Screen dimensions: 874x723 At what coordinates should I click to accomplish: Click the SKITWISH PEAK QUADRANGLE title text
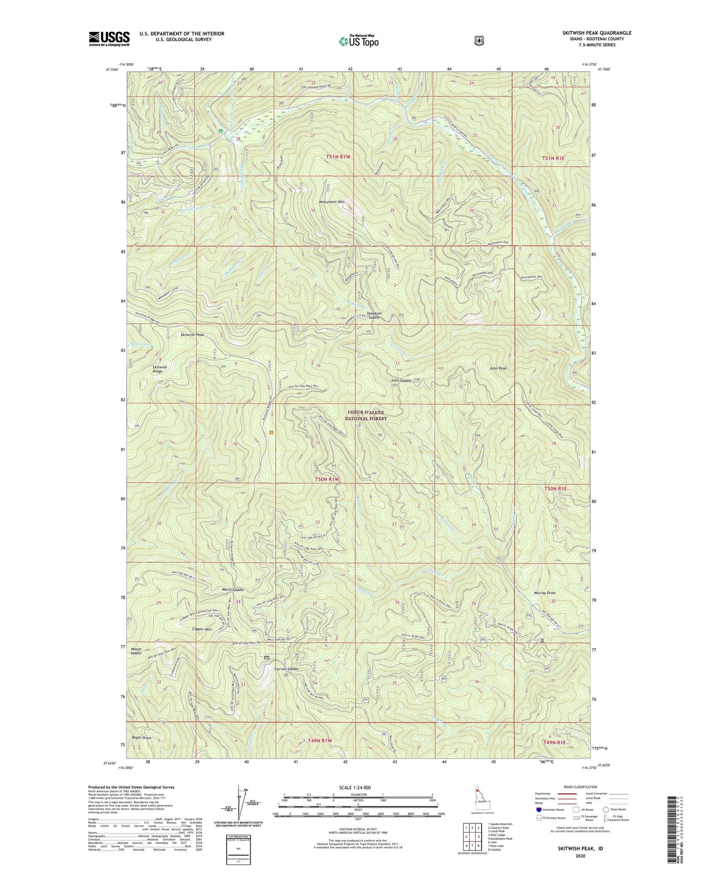click(596, 33)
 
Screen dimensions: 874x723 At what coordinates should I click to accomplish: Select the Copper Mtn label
click(201, 630)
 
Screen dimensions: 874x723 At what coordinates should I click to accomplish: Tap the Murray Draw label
click(545, 592)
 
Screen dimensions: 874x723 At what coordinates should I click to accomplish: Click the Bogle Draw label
click(140, 738)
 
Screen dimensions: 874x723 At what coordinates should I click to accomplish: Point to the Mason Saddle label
click(136, 651)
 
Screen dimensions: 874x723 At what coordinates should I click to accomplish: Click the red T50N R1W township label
click(327, 479)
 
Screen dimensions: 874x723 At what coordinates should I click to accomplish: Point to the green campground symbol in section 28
click(220, 130)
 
